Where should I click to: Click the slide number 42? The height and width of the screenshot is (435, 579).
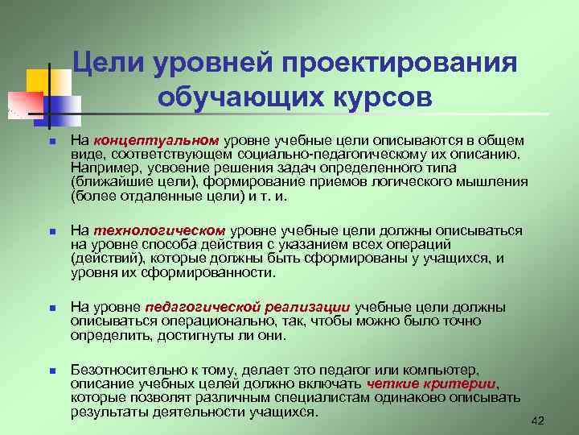tap(538, 420)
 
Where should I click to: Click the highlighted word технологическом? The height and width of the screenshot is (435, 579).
tap(158, 230)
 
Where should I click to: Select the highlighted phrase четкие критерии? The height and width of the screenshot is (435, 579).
tap(431, 383)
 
